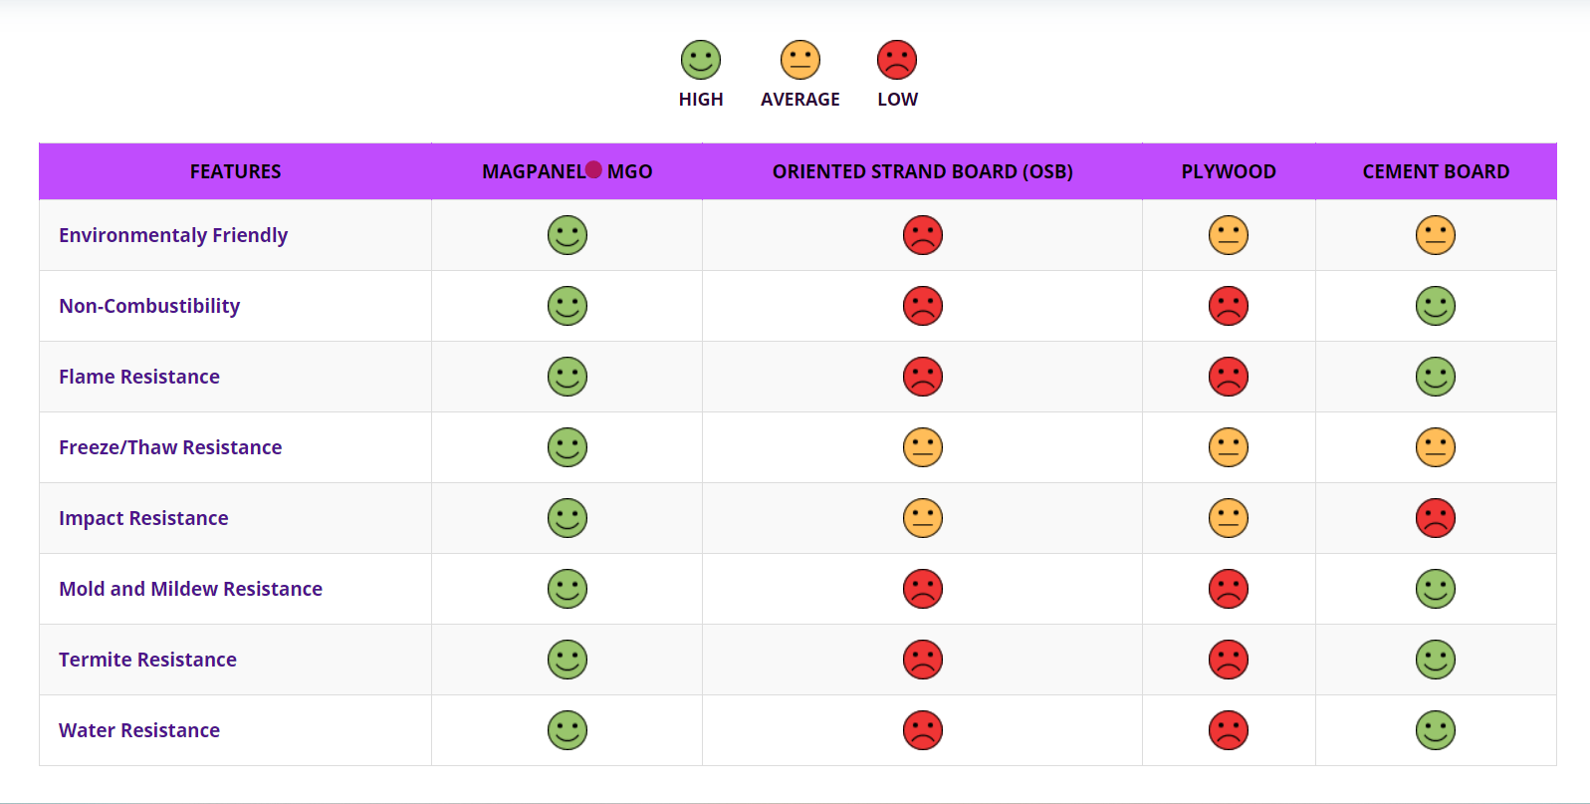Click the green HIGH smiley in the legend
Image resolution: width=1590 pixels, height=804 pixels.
coord(701,60)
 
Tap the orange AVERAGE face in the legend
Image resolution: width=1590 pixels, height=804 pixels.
coord(800,60)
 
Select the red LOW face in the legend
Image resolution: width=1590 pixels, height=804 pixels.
coord(897,60)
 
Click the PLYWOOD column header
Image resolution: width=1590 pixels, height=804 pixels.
coord(1229,171)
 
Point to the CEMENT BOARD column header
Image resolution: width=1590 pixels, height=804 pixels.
coord(1436,171)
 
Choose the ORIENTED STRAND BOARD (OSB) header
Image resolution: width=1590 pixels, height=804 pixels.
coord(922,171)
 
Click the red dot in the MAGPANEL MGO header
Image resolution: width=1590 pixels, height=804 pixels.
coord(593,169)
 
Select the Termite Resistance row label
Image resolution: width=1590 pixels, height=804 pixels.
coord(147,660)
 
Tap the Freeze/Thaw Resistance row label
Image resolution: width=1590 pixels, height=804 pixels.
coord(170,447)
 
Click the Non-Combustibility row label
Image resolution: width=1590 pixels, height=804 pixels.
coord(149,306)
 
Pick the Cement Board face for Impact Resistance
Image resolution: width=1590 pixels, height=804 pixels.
coord(1436,518)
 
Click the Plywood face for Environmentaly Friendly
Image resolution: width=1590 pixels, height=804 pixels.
coord(1229,235)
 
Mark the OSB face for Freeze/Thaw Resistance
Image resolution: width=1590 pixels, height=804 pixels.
coord(923,447)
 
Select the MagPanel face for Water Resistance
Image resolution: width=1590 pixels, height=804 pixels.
coord(568,730)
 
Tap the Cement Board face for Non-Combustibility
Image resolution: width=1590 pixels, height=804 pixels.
coord(1436,306)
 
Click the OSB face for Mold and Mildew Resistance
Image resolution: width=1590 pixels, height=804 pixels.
coord(923,589)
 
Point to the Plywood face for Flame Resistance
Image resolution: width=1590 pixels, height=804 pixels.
coord(1229,377)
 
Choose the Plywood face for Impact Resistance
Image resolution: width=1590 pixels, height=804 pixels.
coord(1229,518)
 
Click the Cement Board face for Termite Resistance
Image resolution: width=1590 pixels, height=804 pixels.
coord(1436,660)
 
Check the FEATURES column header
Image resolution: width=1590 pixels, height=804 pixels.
coord(235,171)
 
